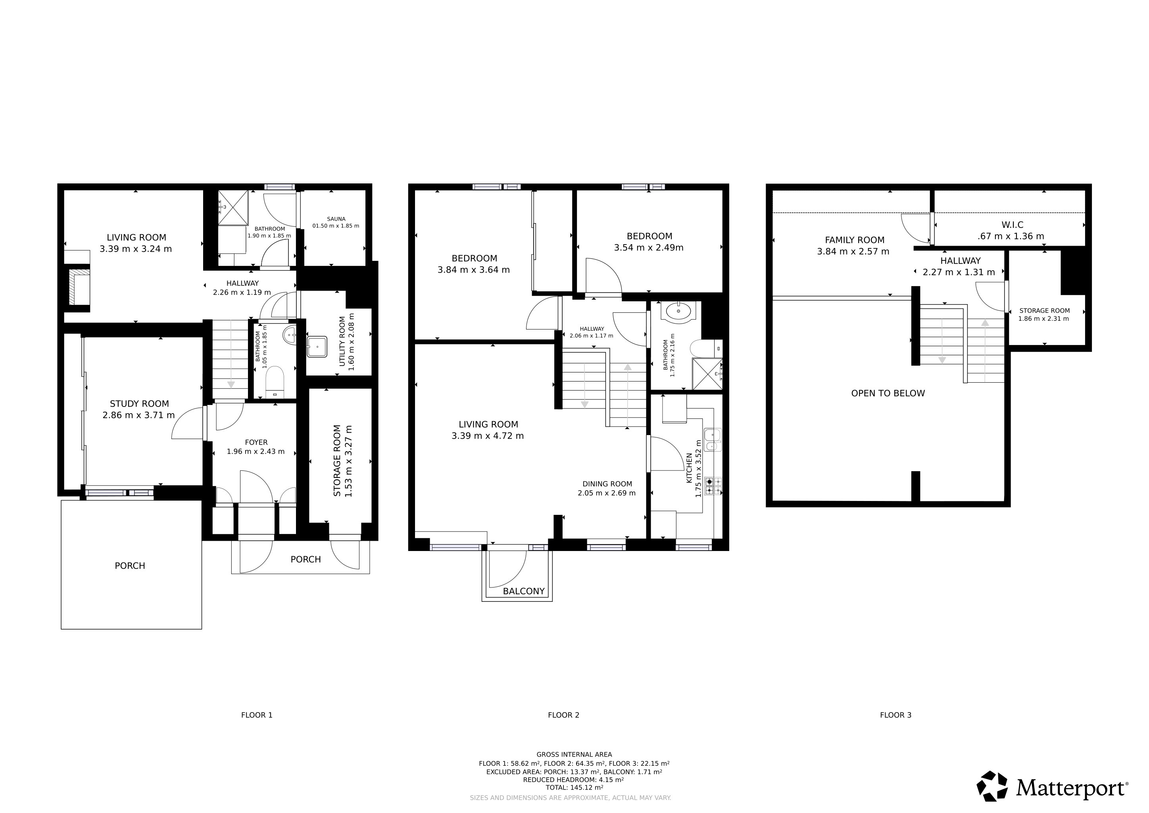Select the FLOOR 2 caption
563,715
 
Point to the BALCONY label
523,591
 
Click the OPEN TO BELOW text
888,393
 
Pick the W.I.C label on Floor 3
1012,225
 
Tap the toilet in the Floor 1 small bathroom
274,381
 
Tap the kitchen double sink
713,440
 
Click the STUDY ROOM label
139,403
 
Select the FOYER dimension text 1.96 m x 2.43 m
256,451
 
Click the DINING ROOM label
607,484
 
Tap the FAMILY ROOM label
855,240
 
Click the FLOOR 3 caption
896,715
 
